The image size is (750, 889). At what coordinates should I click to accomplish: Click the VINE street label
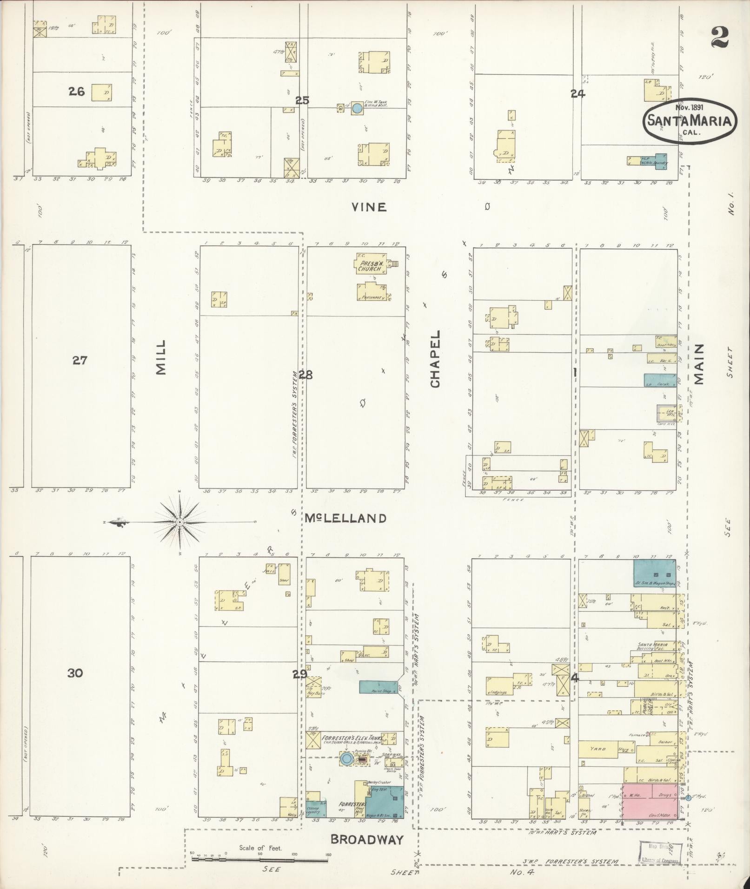click(369, 207)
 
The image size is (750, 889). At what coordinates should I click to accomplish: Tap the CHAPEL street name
click(435, 358)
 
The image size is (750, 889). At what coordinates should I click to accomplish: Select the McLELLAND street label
click(346, 518)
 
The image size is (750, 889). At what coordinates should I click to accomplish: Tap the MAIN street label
click(698, 364)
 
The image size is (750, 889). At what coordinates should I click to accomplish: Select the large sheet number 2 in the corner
click(719, 38)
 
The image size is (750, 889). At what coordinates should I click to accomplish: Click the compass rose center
click(179, 523)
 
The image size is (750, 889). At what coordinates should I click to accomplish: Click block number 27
click(80, 360)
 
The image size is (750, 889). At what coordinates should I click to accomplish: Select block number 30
click(75, 672)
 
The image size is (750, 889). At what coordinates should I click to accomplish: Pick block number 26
click(76, 92)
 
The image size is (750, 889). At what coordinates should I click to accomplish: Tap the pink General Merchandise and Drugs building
click(649, 801)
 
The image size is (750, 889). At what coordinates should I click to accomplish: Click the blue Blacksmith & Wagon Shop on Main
click(655, 573)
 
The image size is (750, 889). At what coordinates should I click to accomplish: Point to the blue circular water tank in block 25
click(357, 108)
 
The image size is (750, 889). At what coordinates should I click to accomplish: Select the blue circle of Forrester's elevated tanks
click(346, 759)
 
